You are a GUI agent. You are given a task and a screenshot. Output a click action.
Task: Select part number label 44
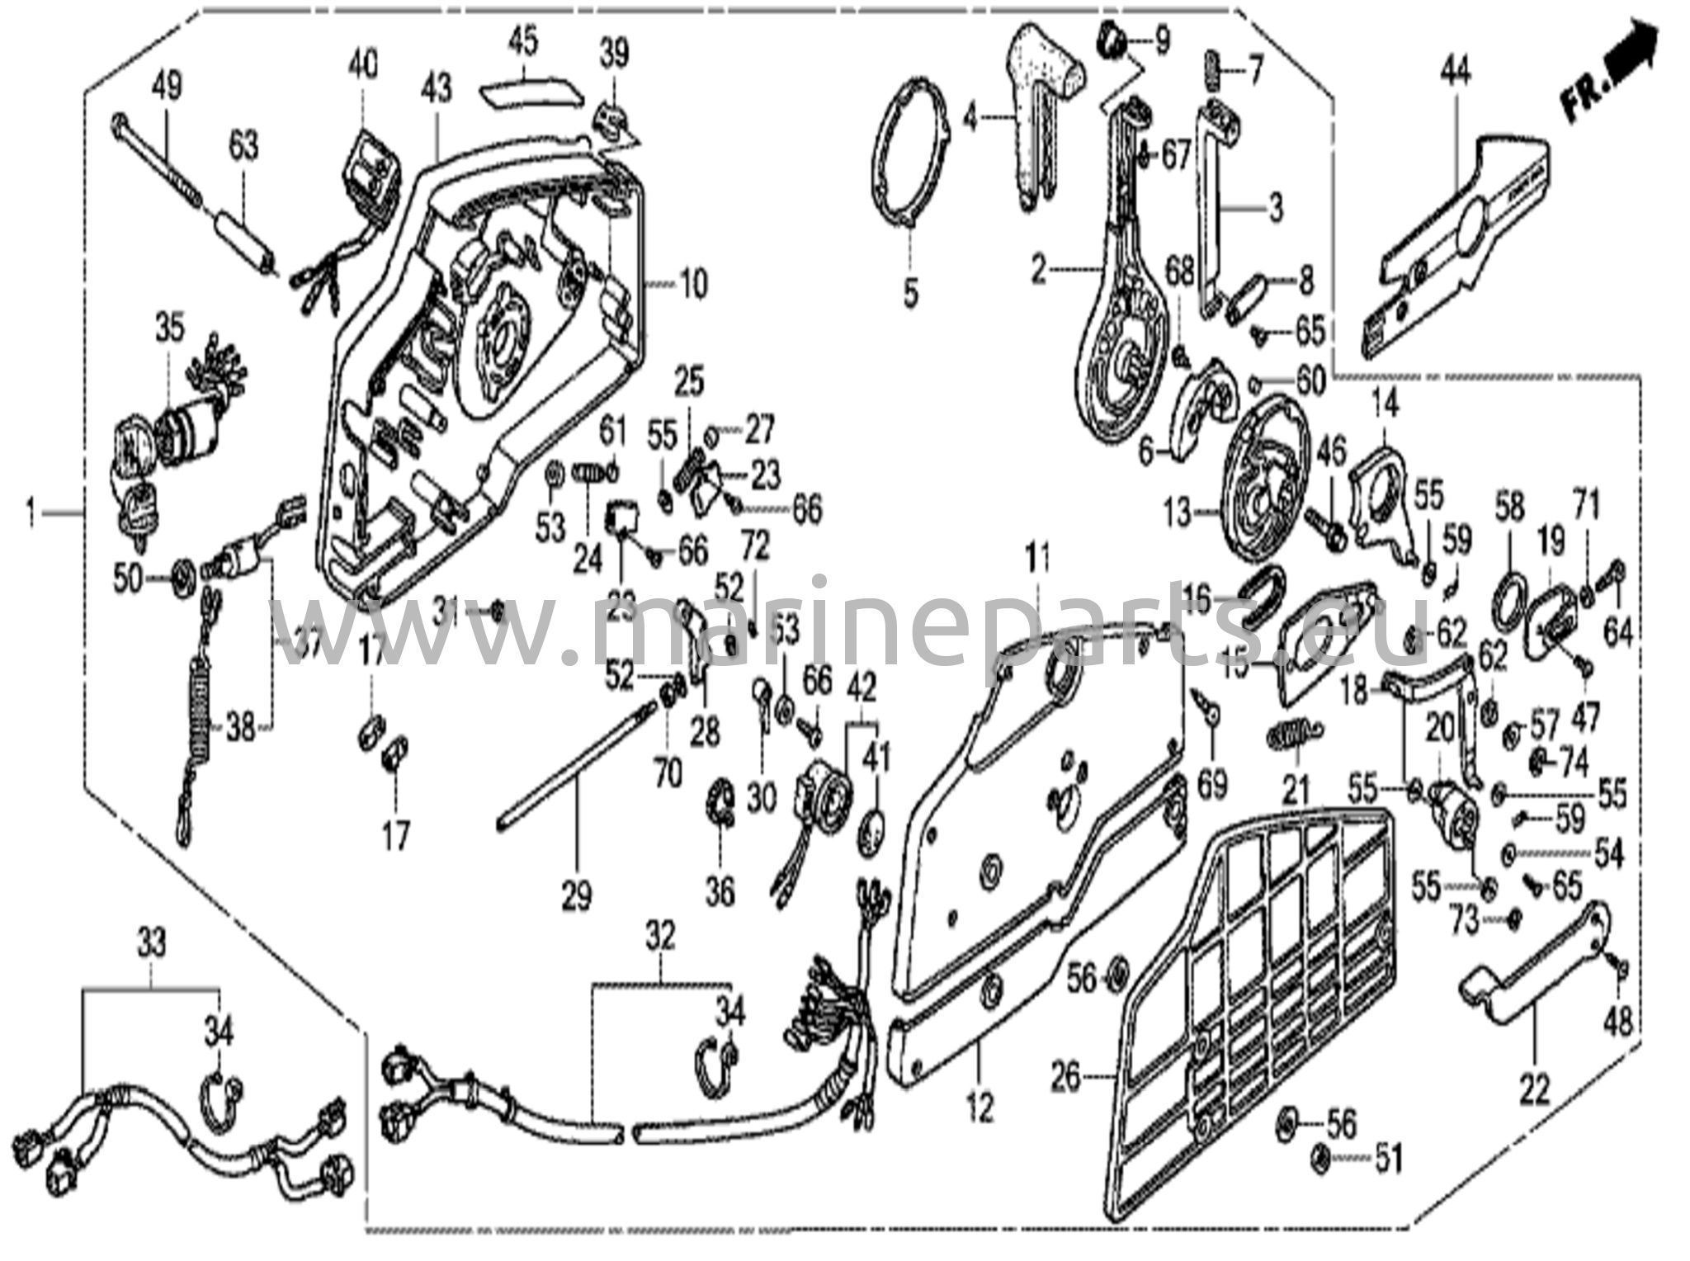tap(1456, 75)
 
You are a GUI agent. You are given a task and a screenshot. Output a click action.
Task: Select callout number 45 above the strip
tap(522, 39)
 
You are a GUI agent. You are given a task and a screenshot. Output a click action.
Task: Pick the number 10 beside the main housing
tap(693, 285)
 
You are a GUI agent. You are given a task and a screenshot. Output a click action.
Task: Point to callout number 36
tap(720, 891)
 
